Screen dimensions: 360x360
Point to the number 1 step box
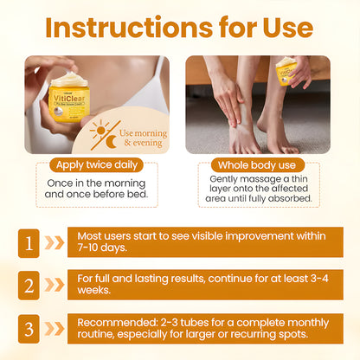[29, 243]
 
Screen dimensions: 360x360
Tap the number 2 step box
[29, 285]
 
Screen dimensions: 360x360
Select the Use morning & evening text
[143, 138]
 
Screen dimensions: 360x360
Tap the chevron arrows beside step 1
[55, 243]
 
